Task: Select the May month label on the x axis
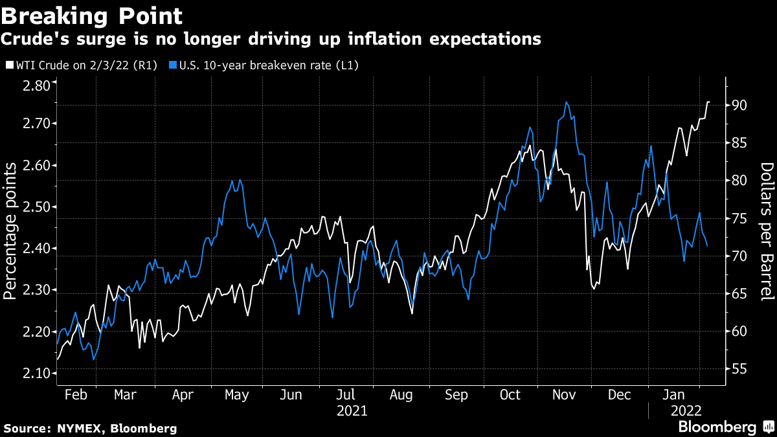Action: (x=236, y=395)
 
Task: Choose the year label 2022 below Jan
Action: (x=685, y=410)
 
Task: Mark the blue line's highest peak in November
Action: (x=567, y=102)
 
